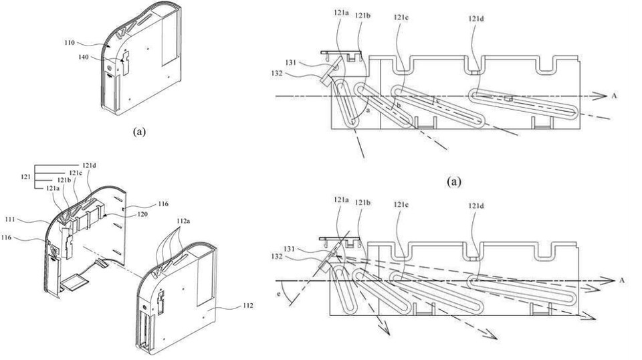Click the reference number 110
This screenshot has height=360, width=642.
pyautogui.click(x=69, y=42)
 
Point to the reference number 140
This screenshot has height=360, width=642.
pyautogui.click(x=84, y=58)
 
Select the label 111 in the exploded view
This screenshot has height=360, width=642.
pyautogui.click(x=10, y=219)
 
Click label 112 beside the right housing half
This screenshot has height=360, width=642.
pyautogui.click(x=247, y=305)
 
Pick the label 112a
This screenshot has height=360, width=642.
pyautogui.click(x=184, y=221)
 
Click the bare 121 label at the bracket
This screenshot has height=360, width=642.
pyautogui.click(x=26, y=177)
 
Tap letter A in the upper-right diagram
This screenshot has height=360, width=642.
pyautogui.click(x=614, y=96)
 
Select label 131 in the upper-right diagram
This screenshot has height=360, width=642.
pyautogui.click(x=290, y=63)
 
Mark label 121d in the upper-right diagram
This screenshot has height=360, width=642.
pyautogui.click(x=477, y=19)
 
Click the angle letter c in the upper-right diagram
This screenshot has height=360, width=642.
pyautogui.click(x=437, y=100)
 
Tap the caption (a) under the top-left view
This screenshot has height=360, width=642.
pyautogui.click(x=139, y=131)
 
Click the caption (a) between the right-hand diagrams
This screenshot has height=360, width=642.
pyautogui.click(x=453, y=181)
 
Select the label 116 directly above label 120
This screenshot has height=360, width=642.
pyautogui.click(x=163, y=204)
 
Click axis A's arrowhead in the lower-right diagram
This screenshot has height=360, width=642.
pyautogui.click(x=609, y=280)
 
